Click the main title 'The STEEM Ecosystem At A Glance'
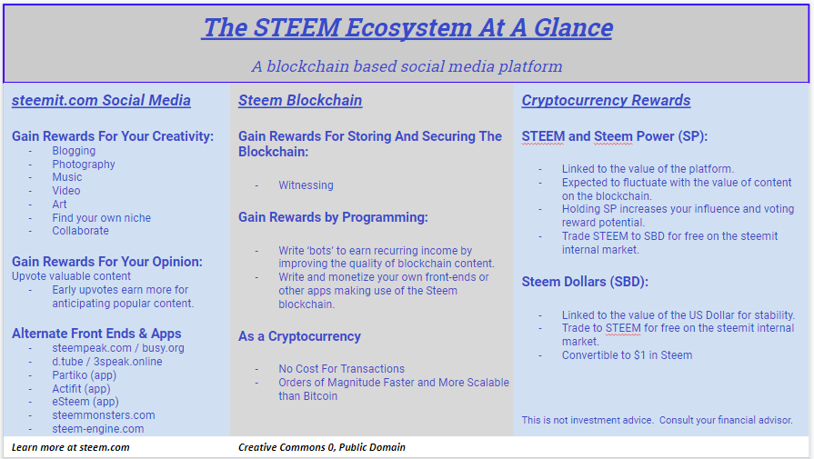click(x=407, y=27)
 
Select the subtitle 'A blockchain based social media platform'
click(x=407, y=66)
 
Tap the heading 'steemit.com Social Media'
click(x=101, y=100)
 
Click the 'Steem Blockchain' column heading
click(x=300, y=100)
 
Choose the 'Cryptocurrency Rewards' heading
click(x=606, y=100)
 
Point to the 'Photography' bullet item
click(x=84, y=165)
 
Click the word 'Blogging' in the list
click(x=74, y=151)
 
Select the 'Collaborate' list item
click(x=80, y=231)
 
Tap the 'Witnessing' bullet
click(x=306, y=185)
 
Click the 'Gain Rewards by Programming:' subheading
click(x=333, y=217)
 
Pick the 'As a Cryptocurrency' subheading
click(x=299, y=336)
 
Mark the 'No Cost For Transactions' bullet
click(x=342, y=369)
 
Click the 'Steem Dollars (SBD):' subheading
click(x=585, y=282)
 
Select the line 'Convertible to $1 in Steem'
click(x=628, y=355)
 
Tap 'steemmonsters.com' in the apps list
click(x=104, y=415)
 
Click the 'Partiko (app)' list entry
click(x=84, y=375)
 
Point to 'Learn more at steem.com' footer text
click(x=71, y=447)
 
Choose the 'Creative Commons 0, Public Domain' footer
click(x=322, y=447)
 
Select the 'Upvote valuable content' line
click(x=71, y=276)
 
